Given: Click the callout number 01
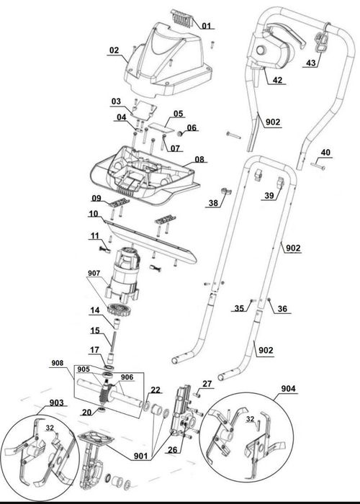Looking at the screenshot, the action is click(207, 25).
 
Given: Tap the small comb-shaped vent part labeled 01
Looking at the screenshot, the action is click(182, 17).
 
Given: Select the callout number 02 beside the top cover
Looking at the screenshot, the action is click(114, 50).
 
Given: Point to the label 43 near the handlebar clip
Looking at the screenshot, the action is click(310, 63).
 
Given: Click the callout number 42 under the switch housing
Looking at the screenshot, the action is click(277, 80).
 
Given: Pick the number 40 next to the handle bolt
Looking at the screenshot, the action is click(325, 152).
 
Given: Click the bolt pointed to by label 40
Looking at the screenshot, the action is click(318, 166).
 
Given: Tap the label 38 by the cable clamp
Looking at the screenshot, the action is click(213, 203).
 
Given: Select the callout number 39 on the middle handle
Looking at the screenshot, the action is click(269, 195).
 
